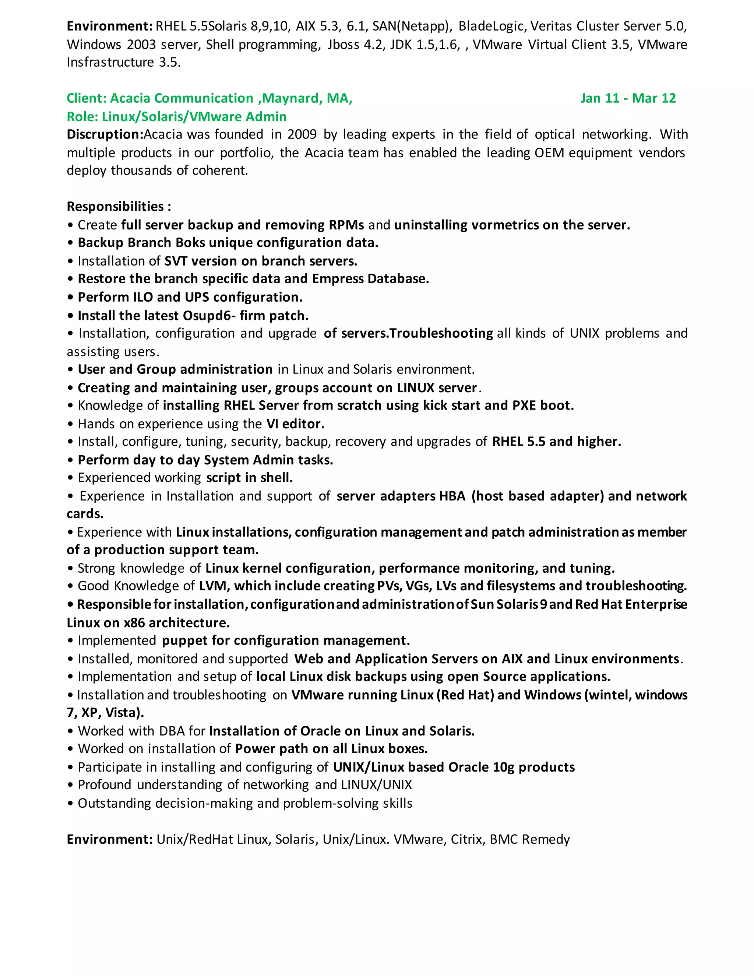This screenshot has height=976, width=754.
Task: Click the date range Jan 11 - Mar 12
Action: pyautogui.click(x=628, y=98)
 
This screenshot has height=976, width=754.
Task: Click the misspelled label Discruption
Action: pyautogui.click(x=105, y=134)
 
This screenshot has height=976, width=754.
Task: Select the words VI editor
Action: pyautogui.click(x=295, y=424)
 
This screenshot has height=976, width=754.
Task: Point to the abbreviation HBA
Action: pyautogui.click(x=452, y=496)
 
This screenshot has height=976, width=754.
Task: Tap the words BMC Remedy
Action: pyautogui.click(x=529, y=839)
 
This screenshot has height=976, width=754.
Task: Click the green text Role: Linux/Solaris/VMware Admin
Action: pyautogui.click(x=176, y=117)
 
